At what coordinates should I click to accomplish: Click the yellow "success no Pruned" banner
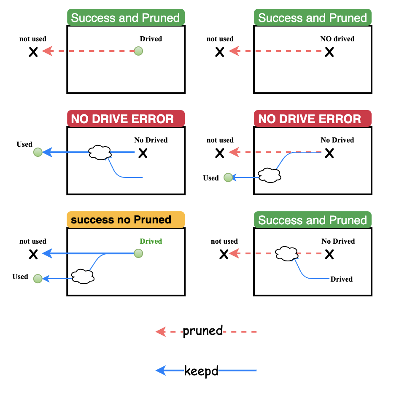[126, 220]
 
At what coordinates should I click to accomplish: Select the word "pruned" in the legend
[202, 331]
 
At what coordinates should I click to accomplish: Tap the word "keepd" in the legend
[201, 371]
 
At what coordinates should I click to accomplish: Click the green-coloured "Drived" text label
[151, 241]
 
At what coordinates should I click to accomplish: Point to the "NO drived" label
[337, 39]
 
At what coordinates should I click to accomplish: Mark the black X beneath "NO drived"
[329, 52]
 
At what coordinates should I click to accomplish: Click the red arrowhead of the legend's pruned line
[161, 332]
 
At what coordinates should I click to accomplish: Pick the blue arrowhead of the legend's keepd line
[161, 371]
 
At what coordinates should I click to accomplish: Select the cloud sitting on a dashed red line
[287, 253]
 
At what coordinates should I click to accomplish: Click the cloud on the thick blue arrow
[100, 152]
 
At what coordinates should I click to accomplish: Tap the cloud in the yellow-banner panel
[82, 277]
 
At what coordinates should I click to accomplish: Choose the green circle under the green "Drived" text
[138, 253]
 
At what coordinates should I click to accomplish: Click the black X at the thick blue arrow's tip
[33, 254]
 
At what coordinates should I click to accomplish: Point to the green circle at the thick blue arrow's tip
[38, 152]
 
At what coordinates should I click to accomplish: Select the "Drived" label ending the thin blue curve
[341, 279]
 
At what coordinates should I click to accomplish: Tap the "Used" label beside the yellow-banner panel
[20, 277]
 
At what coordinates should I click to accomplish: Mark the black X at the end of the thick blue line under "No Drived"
[143, 153]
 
